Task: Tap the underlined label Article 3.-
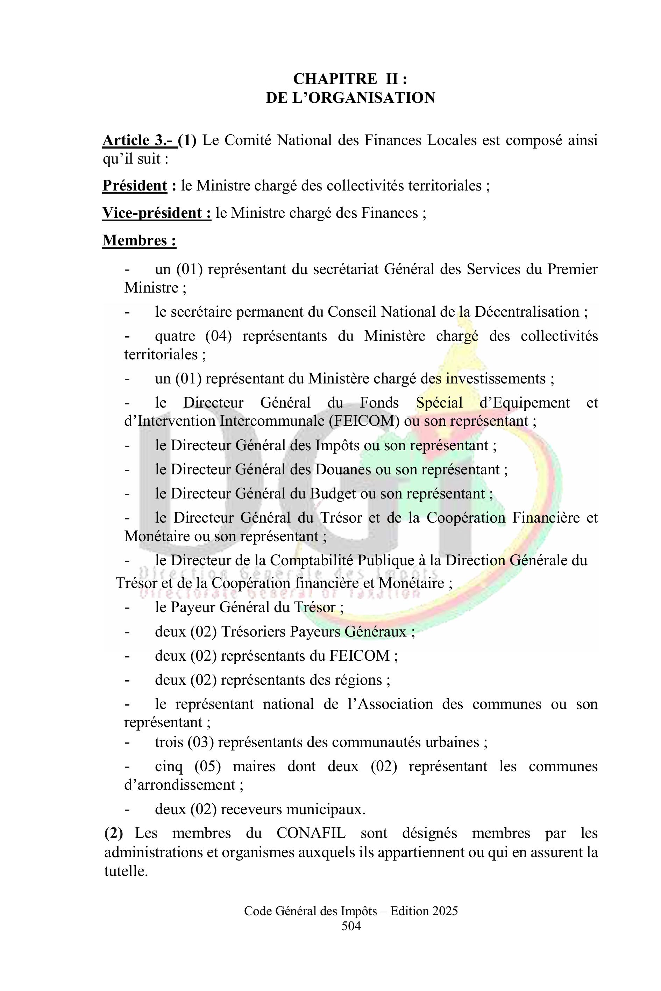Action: pos(140,140)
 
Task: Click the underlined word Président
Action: pos(135,186)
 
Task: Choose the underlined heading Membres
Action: pos(139,240)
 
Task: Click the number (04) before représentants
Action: pos(218,336)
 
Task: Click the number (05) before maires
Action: pos(208,766)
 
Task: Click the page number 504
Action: pos(351,926)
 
